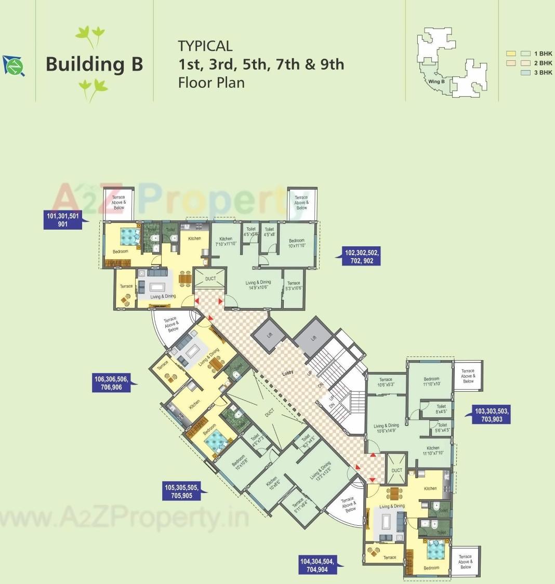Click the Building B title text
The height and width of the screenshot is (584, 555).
(94, 64)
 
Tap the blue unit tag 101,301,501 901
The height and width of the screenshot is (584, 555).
(63, 220)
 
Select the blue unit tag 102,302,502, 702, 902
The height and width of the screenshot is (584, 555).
(362, 257)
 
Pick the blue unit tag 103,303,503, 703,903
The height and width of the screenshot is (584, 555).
(492, 415)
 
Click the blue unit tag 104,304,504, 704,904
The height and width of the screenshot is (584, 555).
(318, 565)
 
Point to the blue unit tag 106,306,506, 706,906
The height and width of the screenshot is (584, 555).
(111, 383)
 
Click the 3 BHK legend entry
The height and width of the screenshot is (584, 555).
(543, 73)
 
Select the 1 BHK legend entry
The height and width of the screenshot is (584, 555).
(543, 54)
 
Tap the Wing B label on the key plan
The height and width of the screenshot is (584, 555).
(436, 82)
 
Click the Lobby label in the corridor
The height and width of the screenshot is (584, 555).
(287, 373)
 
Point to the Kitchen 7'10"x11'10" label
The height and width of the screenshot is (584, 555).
(226, 241)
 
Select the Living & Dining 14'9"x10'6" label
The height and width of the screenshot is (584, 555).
(258, 285)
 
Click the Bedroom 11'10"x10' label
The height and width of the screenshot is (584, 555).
(431, 381)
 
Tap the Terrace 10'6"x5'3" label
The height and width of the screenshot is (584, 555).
(386, 382)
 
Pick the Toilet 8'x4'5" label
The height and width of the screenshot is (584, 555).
(441, 409)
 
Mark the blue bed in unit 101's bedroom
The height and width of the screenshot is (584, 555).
(128, 237)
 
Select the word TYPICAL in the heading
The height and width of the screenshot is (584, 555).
(205, 46)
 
